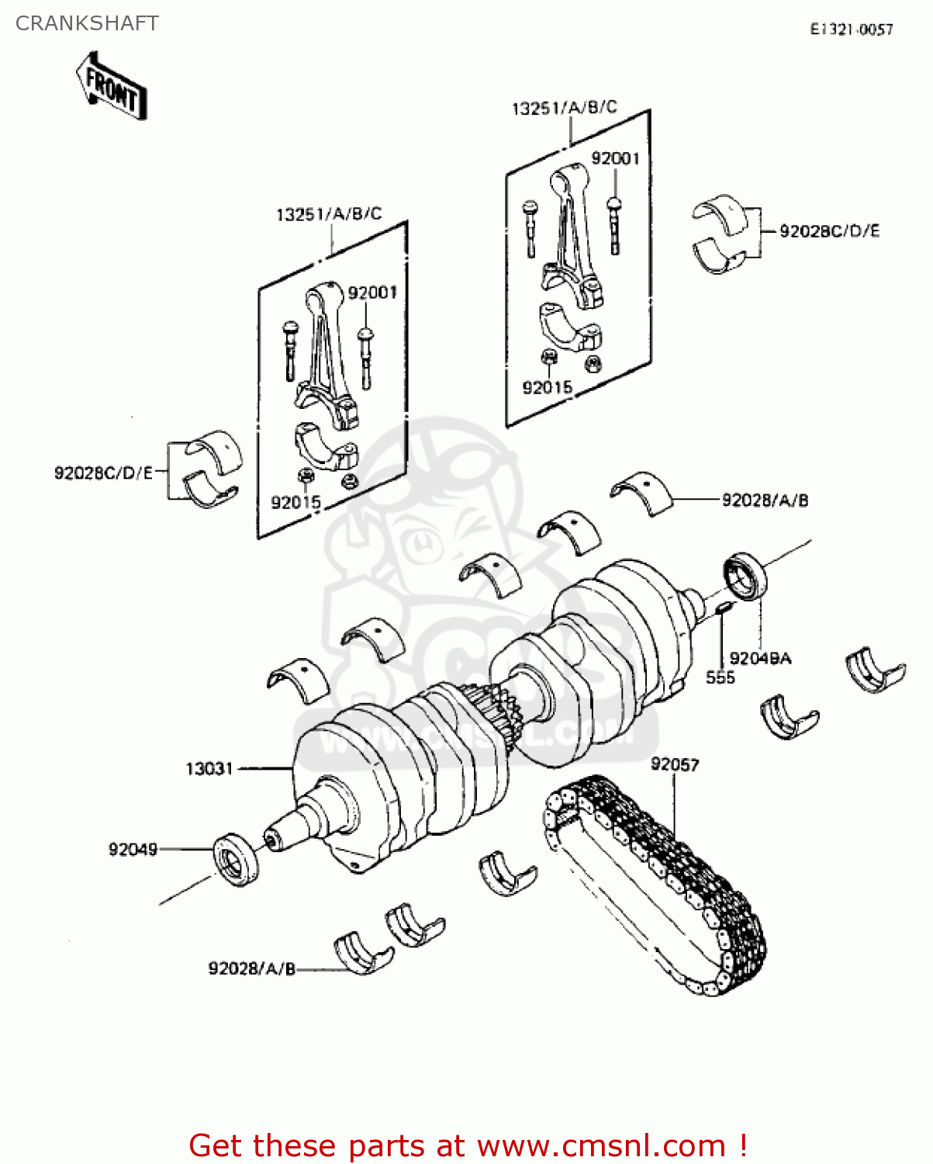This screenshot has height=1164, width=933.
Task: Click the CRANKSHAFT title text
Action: tap(87, 23)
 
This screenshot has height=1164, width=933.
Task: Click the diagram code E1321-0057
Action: tap(851, 29)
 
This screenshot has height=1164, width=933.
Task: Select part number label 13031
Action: tap(209, 768)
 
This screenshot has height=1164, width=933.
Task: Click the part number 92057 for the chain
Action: tap(674, 764)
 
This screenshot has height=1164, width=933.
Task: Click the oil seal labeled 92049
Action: tap(236, 857)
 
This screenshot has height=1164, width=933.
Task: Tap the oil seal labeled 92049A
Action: tap(745, 576)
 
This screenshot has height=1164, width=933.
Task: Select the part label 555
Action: tap(720, 677)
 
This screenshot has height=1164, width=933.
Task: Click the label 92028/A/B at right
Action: tap(765, 501)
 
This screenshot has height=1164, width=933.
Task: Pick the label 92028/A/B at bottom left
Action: tap(252, 968)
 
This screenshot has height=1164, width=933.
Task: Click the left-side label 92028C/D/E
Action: tap(104, 473)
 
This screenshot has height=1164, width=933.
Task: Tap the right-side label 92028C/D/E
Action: tap(829, 231)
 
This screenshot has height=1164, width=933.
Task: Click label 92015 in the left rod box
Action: tap(295, 502)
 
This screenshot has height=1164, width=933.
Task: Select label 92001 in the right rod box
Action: tap(615, 158)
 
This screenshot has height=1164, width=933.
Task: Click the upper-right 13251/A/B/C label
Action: tap(564, 108)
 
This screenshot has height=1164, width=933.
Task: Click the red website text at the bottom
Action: tap(468, 1145)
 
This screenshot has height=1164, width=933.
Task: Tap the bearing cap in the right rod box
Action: tap(570, 326)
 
